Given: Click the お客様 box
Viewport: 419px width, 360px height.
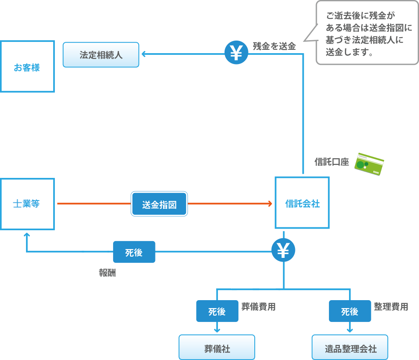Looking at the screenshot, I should [x=27, y=67].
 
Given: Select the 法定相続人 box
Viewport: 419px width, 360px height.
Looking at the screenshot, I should [x=101, y=54].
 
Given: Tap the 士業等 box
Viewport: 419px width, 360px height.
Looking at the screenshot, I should [x=27, y=204].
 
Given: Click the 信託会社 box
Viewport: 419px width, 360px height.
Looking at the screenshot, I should [x=302, y=203].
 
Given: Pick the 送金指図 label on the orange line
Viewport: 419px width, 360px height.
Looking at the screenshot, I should [x=159, y=204].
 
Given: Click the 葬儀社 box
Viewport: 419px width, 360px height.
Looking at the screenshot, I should [x=217, y=347].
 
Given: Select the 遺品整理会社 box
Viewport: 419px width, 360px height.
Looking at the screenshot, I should [x=350, y=347].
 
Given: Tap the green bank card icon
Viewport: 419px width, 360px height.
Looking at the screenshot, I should [x=369, y=164].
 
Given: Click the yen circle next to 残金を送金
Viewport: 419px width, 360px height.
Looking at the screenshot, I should [x=236, y=52].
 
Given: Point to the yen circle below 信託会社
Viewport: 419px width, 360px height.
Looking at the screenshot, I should [x=283, y=250].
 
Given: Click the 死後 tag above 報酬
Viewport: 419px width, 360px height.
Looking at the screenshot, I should [x=134, y=252].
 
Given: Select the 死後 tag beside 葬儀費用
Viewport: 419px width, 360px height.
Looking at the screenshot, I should [x=217, y=311].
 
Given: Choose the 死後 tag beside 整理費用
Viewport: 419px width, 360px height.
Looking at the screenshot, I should [x=349, y=311].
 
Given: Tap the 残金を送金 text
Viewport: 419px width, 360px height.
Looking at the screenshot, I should [x=274, y=46].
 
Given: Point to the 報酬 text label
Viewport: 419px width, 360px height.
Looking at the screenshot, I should [x=107, y=273].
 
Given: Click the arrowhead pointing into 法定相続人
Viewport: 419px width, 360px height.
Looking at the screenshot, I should [x=143, y=54].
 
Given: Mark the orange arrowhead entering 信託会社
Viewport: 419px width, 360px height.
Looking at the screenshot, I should [x=271, y=204].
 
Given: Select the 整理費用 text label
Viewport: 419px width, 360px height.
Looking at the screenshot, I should [x=391, y=307].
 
